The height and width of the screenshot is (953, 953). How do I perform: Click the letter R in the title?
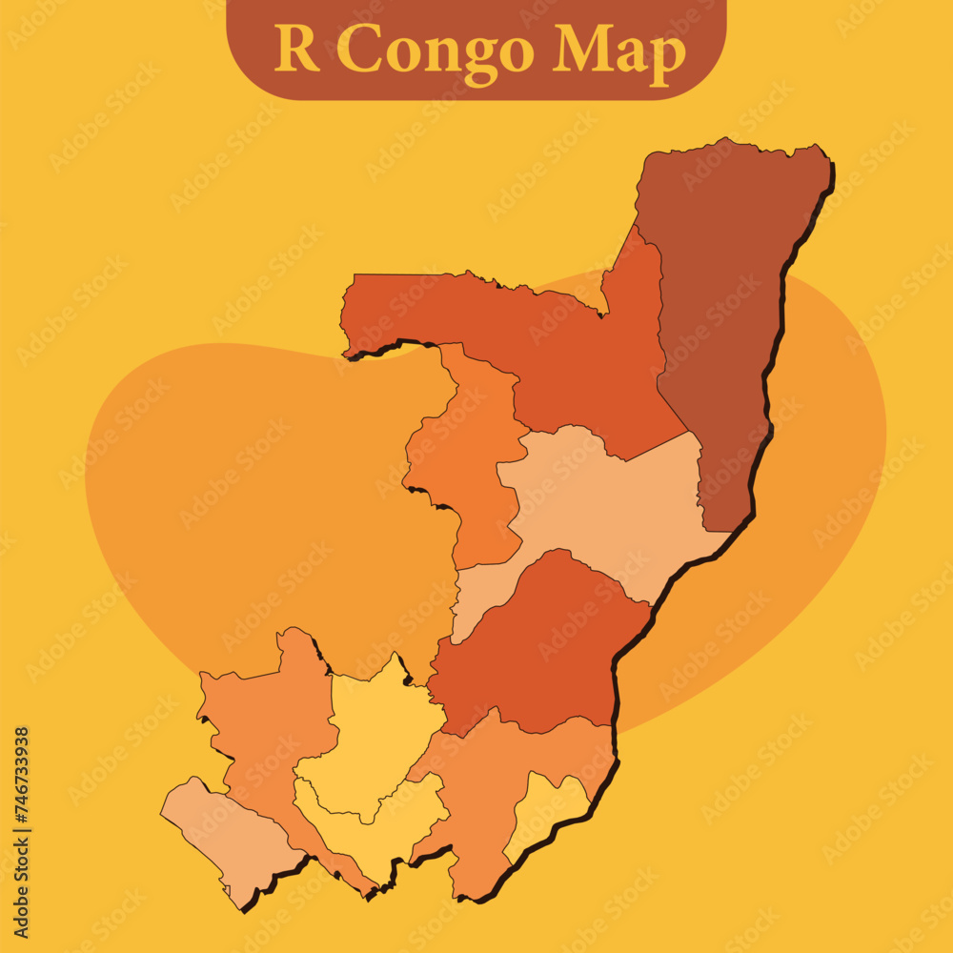click(x=296, y=50)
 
